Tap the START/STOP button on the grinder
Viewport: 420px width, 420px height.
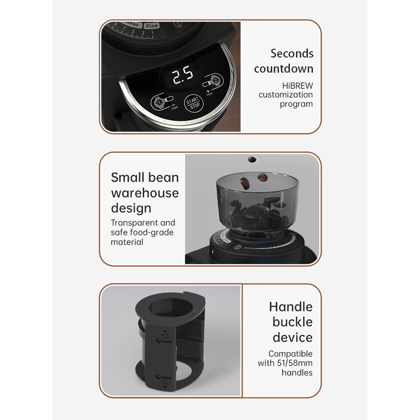pos(193,103)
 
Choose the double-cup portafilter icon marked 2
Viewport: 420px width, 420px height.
pos(213,81)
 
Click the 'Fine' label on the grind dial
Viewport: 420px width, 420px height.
pos(152,26)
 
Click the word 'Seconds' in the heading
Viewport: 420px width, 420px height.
pos(292,54)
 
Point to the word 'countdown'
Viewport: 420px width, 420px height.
pos(283,69)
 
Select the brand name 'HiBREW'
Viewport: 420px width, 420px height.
pos(297,86)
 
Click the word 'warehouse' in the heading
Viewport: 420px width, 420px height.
pos(145,193)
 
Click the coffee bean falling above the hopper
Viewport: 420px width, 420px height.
pos(251,160)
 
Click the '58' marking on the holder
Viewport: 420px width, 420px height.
pos(165,335)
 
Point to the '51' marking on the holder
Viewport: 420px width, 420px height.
pos(164,383)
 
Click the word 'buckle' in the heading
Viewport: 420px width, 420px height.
pos(292,322)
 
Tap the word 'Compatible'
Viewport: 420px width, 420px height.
pos(290,354)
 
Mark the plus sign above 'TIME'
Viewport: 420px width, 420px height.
pos(208,91)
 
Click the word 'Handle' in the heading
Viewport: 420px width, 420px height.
pos(291,307)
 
